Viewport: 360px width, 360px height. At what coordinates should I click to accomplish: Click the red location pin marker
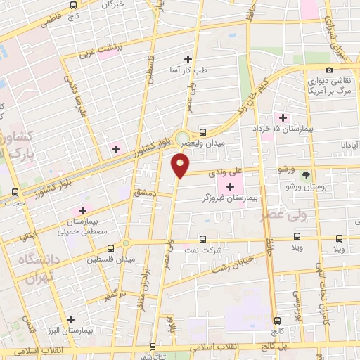pyautogui.click(x=181, y=166)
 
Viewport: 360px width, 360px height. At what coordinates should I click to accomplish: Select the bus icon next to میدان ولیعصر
pyautogui.click(x=202, y=131)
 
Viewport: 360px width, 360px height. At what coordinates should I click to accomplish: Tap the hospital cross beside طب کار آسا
pyautogui.click(x=188, y=59)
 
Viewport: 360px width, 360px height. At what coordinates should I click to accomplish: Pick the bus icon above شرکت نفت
pyautogui.click(x=203, y=238)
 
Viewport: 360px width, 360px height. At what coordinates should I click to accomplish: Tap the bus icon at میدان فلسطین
pyautogui.click(x=110, y=247)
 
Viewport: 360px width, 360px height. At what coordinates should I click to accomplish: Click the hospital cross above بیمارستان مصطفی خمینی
pyautogui.click(x=82, y=210)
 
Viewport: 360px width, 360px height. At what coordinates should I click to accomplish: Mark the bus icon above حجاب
pyautogui.click(x=15, y=192)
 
